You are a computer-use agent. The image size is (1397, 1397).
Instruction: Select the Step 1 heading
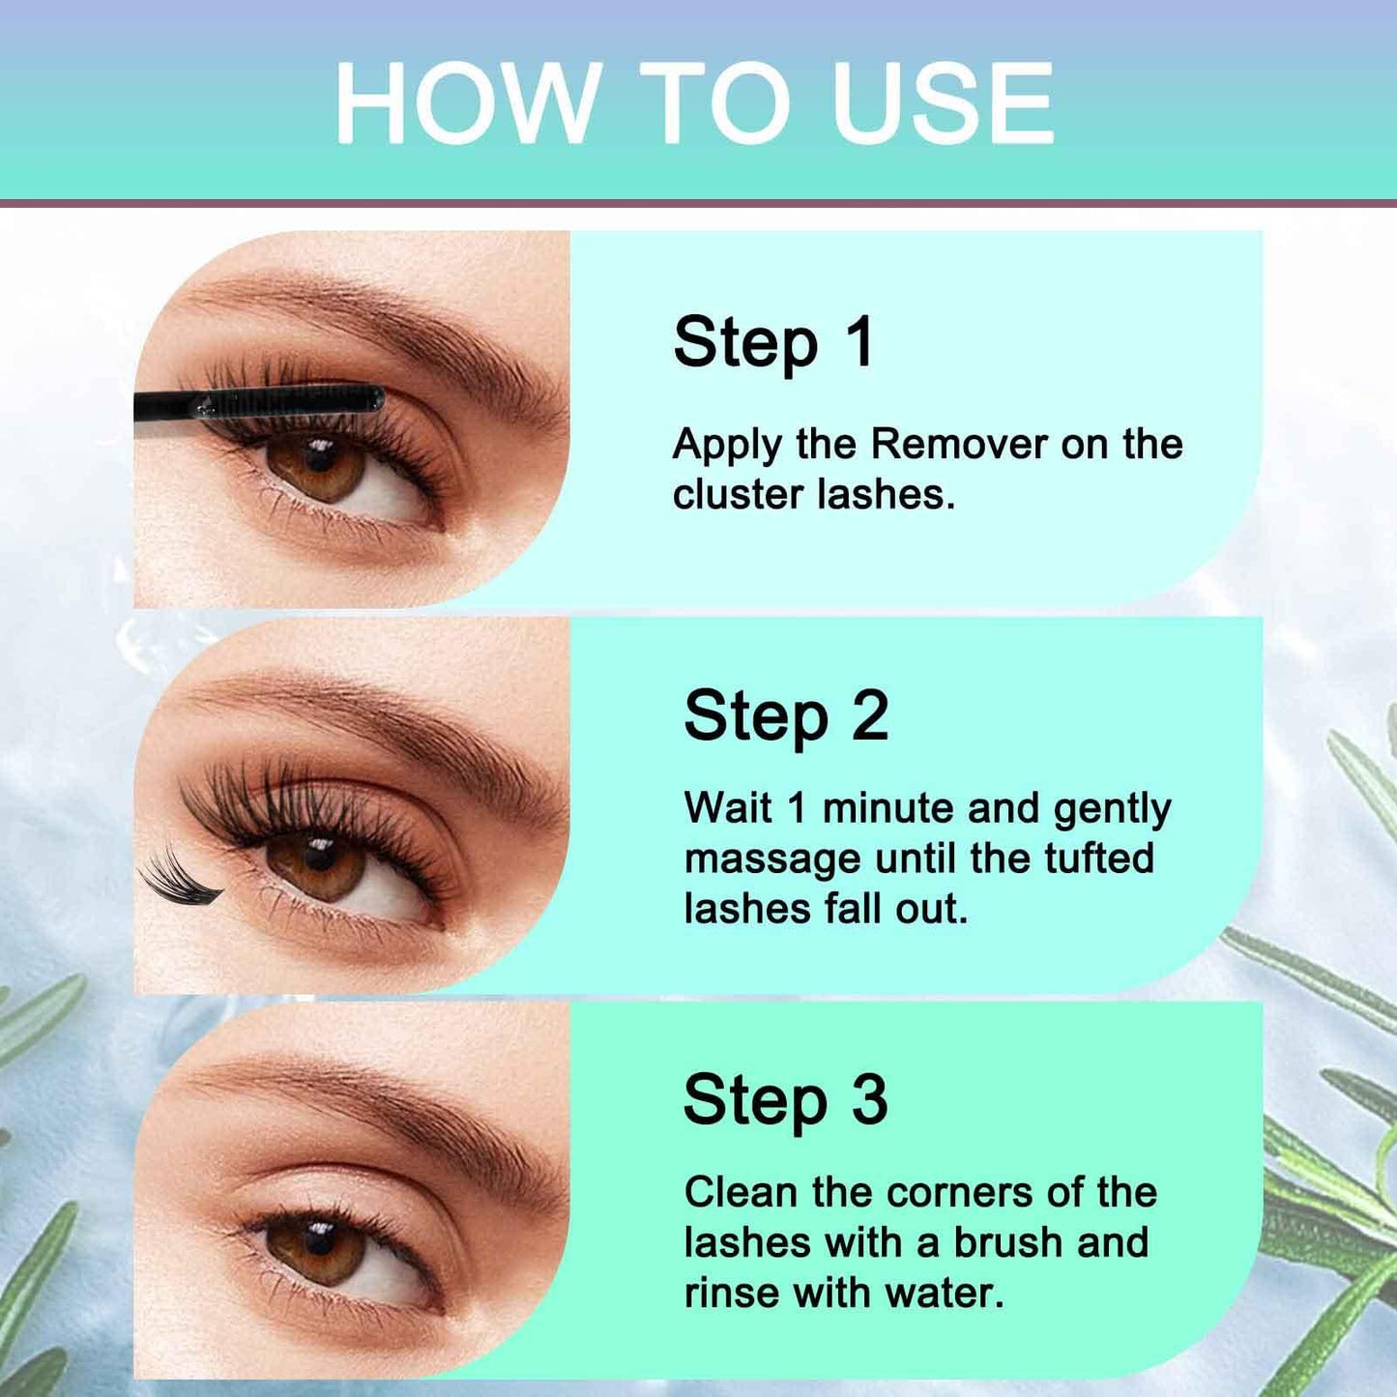pyautogui.click(x=773, y=342)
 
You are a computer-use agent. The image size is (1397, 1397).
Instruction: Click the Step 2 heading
pyautogui.click(x=785, y=716)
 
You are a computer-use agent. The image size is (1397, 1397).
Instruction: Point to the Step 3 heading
pyautogui.click(x=784, y=1100)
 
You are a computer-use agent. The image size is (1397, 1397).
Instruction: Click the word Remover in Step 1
pyautogui.click(x=959, y=445)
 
